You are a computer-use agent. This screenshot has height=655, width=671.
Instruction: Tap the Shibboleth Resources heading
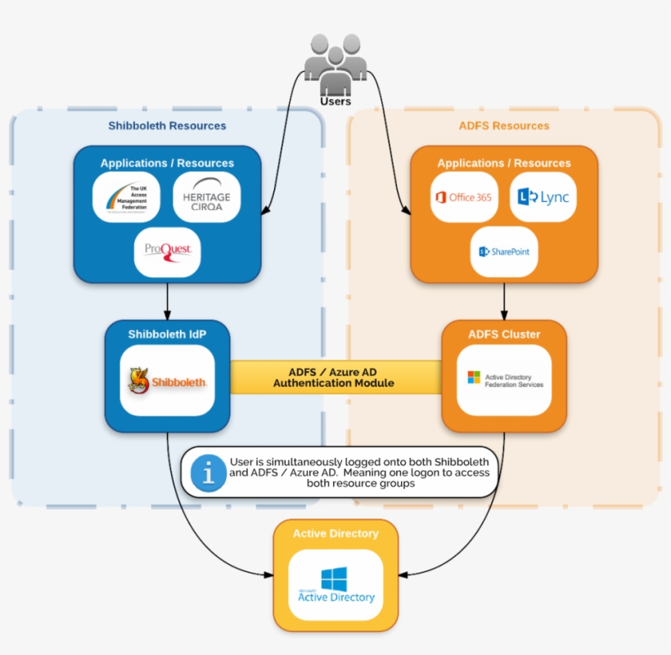pyautogui.click(x=167, y=126)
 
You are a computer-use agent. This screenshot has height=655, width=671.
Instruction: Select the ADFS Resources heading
pyautogui.click(x=504, y=126)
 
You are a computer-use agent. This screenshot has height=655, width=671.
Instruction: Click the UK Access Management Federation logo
pyautogui.click(x=126, y=197)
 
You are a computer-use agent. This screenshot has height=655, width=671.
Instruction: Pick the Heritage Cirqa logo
pyautogui.click(x=207, y=197)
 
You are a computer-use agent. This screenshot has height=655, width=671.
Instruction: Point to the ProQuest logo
pyautogui.click(x=168, y=250)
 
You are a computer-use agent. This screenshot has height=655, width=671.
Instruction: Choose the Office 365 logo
pyautogui.click(x=464, y=197)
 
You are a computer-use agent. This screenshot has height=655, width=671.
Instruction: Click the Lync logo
pyautogui.click(x=543, y=197)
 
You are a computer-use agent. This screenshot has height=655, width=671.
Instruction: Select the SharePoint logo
pyautogui.click(x=504, y=251)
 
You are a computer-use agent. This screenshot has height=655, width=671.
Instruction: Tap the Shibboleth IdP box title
pyautogui.click(x=167, y=334)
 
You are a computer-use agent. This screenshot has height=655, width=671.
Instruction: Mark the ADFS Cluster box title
pyautogui.click(x=504, y=334)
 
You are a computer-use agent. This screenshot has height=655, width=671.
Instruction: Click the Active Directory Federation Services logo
pyautogui.click(x=504, y=379)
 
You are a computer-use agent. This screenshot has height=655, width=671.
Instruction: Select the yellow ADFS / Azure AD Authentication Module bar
pyautogui.click(x=335, y=377)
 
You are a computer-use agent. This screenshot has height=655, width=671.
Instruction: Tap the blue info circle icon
pyautogui.click(x=209, y=473)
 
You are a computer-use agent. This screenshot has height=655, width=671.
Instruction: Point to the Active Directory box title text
pyautogui.click(x=335, y=533)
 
